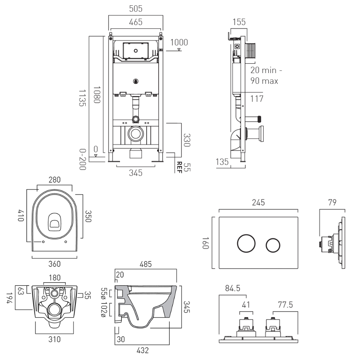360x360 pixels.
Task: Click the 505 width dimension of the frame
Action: (x=135, y=8)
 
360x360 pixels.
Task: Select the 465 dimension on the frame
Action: (x=135, y=22)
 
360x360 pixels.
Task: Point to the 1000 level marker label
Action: (x=179, y=42)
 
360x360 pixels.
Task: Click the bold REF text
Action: (x=179, y=167)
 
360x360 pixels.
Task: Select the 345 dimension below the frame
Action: (x=135, y=173)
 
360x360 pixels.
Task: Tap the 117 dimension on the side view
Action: (x=256, y=99)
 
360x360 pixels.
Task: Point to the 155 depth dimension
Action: (x=239, y=22)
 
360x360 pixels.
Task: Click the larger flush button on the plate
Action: (x=245, y=243)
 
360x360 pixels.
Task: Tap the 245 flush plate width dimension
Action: (x=258, y=202)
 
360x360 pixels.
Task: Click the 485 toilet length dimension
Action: (x=145, y=265)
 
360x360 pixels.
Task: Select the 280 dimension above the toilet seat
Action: (x=54, y=179)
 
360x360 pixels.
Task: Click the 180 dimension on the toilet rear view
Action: (x=54, y=278)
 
